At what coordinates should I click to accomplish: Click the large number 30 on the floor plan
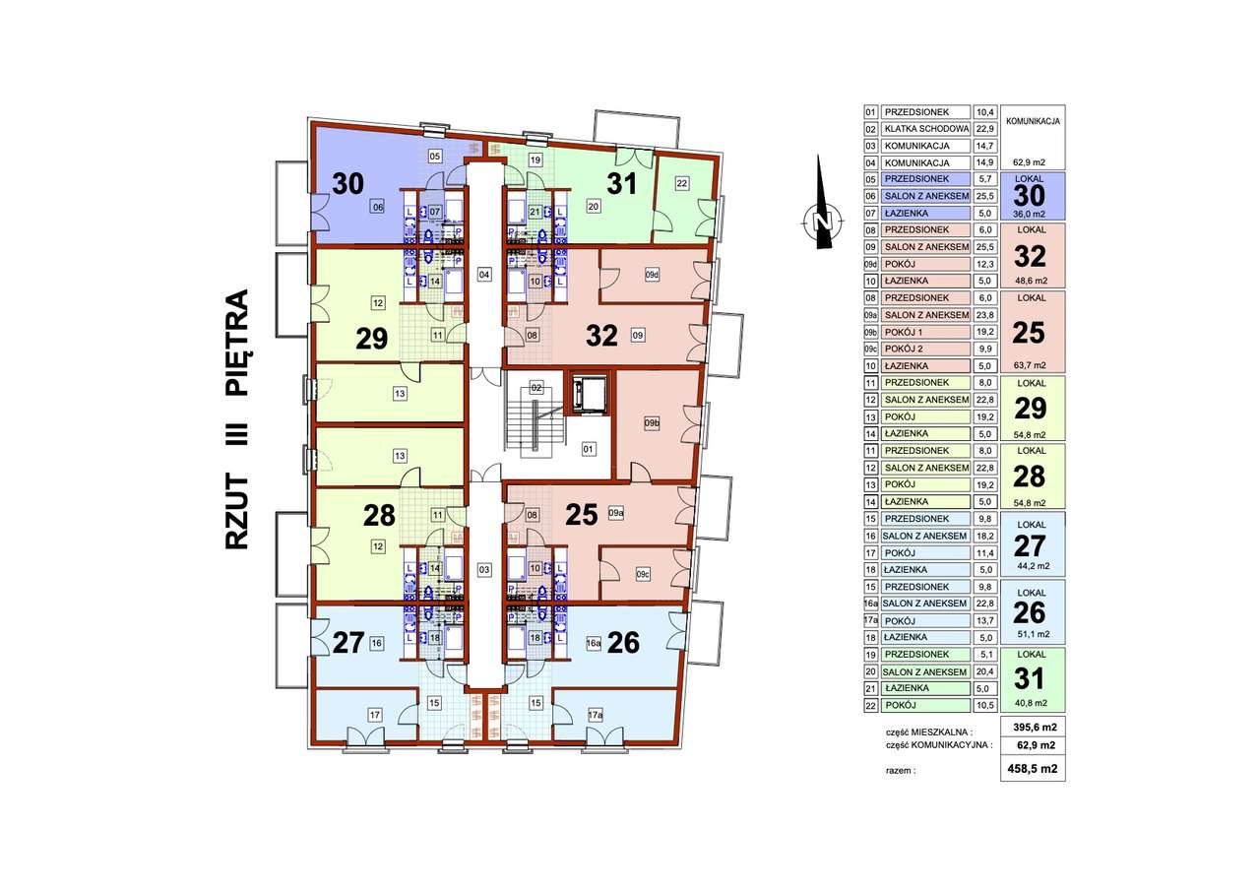click(347, 184)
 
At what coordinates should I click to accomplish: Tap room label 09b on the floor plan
click(651, 424)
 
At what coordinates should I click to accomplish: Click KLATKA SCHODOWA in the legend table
click(925, 129)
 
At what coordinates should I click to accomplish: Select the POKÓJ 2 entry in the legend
click(925, 349)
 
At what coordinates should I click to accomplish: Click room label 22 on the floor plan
click(681, 182)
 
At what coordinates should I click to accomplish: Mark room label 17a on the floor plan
click(595, 717)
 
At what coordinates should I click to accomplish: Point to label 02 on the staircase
click(536, 388)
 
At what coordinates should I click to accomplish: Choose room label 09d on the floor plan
click(651, 275)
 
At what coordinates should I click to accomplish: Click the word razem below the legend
click(901, 771)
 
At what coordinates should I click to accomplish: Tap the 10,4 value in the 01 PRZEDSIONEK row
click(984, 112)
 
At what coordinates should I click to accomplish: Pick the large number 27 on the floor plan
click(348, 643)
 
